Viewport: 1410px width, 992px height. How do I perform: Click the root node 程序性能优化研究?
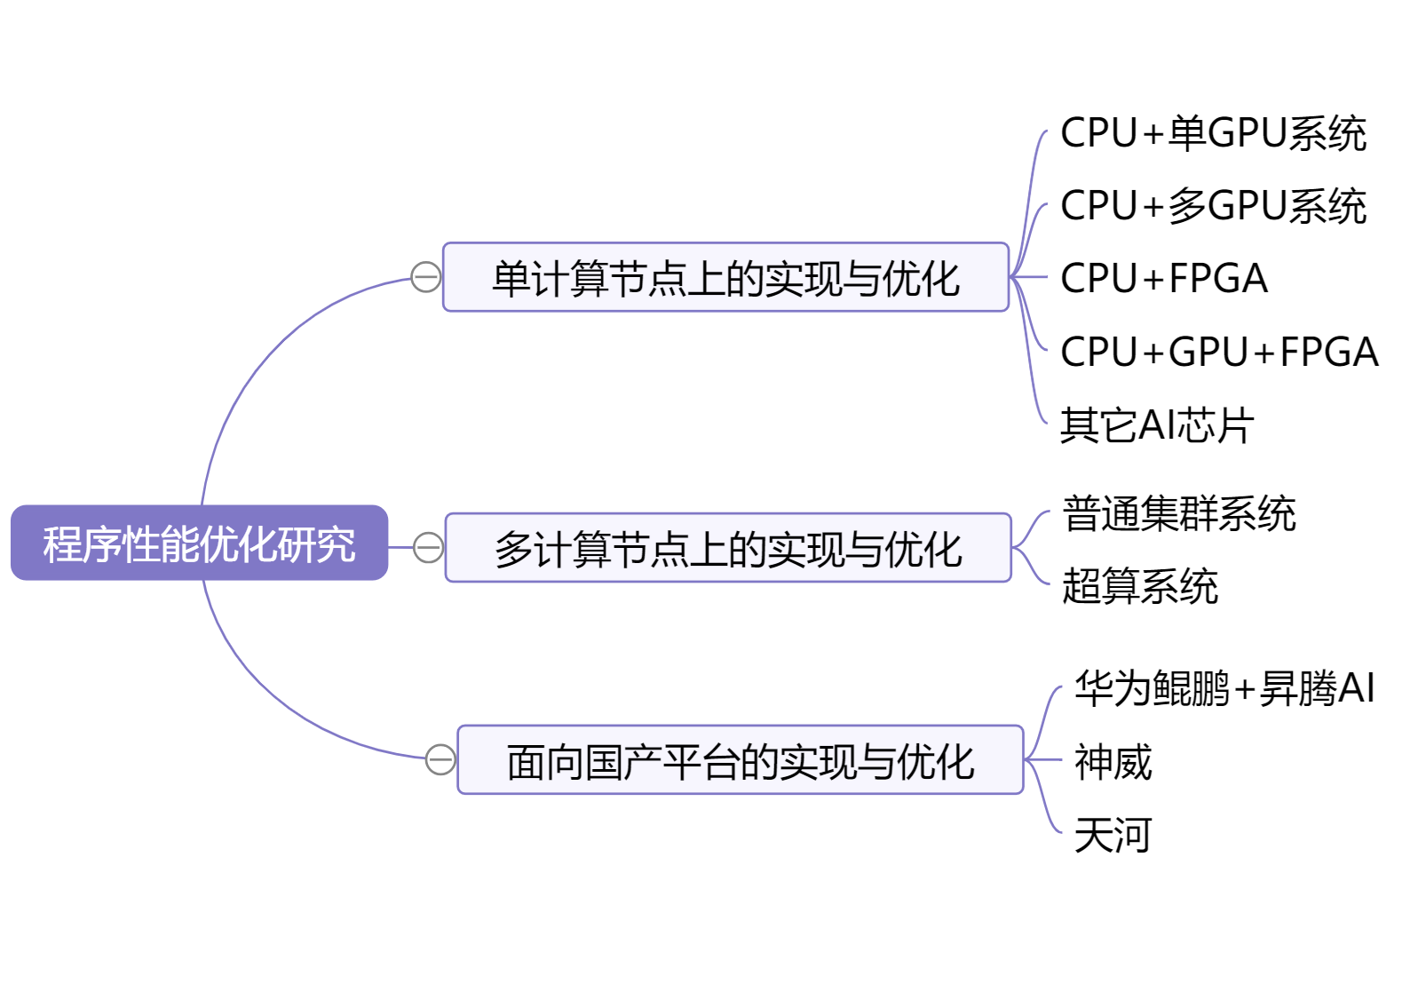click(199, 544)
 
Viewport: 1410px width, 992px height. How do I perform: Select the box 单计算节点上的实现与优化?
click(725, 278)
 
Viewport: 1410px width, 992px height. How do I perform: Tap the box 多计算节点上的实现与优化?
click(728, 548)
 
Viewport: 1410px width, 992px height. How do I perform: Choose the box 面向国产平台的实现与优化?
click(741, 760)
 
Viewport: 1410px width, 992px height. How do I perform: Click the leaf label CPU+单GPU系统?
click(1213, 133)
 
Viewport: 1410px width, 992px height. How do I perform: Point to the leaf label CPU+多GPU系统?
click(1213, 206)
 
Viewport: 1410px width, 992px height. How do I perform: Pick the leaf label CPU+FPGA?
click(1164, 279)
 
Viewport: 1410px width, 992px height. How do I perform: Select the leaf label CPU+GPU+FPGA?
click(1219, 352)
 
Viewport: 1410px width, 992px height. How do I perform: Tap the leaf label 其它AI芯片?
click(1157, 425)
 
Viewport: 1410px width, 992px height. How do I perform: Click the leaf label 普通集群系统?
click(1179, 513)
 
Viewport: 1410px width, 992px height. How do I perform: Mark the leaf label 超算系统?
click(1140, 586)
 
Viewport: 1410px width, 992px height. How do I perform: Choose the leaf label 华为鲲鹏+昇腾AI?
click(1224, 688)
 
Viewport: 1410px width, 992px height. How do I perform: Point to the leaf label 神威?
click(1113, 762)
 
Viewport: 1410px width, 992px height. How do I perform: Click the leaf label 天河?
click(1113, 835)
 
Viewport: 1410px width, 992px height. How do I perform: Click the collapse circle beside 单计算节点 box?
click(426, 277)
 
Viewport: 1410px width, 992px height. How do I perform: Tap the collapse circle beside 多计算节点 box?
click(428, 547)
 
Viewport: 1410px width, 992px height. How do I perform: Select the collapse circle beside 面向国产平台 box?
click(440, 759)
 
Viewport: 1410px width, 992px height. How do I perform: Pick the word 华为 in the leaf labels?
click(1113, 688)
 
